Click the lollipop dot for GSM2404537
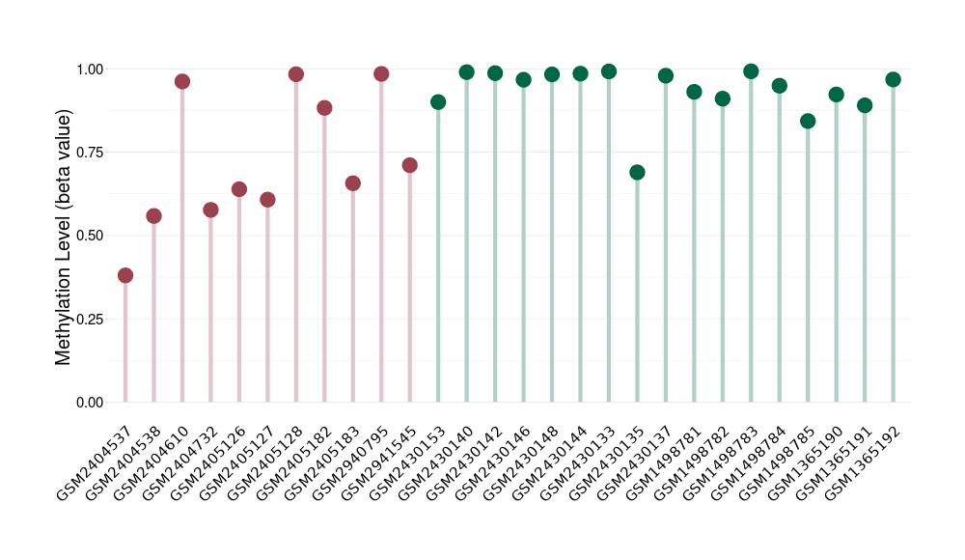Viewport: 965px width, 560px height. click(x=125, y=275)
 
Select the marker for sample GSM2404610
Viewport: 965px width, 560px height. click(x=182, y=81)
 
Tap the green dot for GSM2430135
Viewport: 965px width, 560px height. click(x=637, y=172)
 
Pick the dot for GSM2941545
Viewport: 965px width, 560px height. click(x=409, y=165)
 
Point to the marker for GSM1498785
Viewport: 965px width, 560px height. click(x=808, y=121)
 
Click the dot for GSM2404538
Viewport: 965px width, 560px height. click(x=153, y=215)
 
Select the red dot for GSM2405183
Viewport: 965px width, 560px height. click(x=352, y=183)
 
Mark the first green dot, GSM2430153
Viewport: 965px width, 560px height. click(x=438, y=101)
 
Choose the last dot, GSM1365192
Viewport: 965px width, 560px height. click(x=893, y=79)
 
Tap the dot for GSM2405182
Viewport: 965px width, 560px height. click(x=324, y=107)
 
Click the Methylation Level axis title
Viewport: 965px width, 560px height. click(x=64, y=237)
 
